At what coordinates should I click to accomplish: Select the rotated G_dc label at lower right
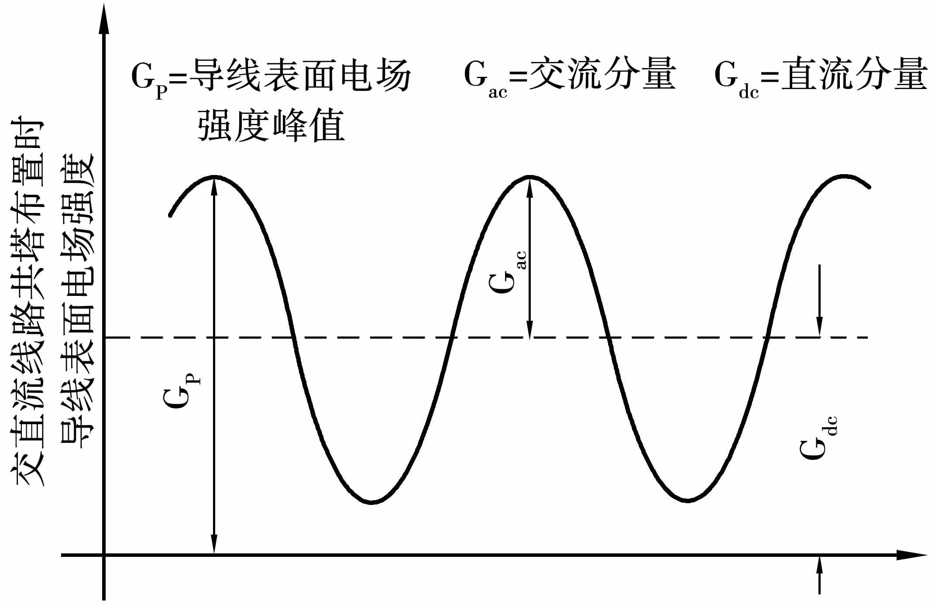[x=818, y=437]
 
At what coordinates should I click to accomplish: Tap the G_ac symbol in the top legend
[x=485, y=79]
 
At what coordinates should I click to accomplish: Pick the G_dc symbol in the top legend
[x=736, y=79]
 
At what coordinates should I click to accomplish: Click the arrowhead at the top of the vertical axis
[x=104, y=20]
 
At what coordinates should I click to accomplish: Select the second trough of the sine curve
[x=687, y=500]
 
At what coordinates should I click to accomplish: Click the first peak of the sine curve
[x=214, y=177]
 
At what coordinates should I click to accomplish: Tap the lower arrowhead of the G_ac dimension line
[x=529, y=329]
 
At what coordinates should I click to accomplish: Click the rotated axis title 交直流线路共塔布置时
[x=28, y=301]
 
